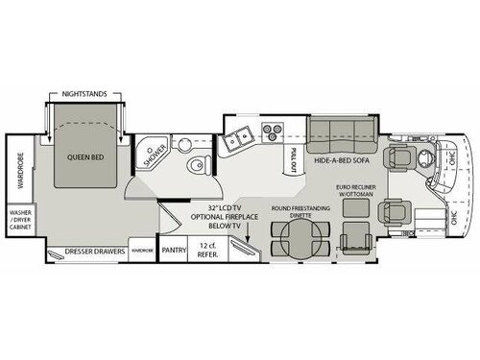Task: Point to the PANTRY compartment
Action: pyautogui.click(x=174, y=252)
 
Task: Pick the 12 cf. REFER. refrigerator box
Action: pyautogui.click(x=206, y=251)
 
